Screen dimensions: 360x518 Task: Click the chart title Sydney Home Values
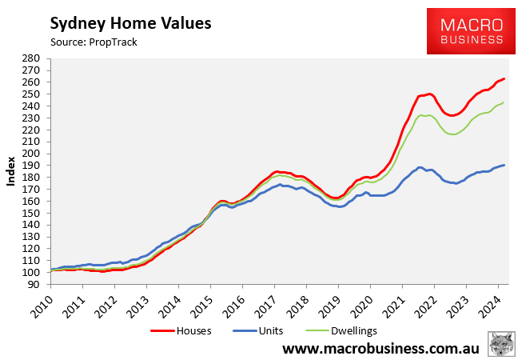click(130, 23)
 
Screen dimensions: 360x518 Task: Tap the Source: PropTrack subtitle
click(94, 42)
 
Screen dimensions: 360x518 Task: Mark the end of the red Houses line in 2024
click(504, 78)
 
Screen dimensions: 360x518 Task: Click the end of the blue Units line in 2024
click(504, 165)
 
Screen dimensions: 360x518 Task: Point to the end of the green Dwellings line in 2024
click(504, 102)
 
